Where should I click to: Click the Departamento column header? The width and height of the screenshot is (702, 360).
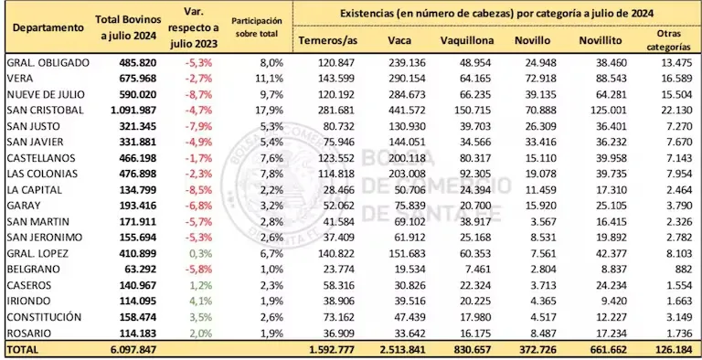point(47,28)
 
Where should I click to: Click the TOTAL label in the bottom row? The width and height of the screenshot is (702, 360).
point(25,349)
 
